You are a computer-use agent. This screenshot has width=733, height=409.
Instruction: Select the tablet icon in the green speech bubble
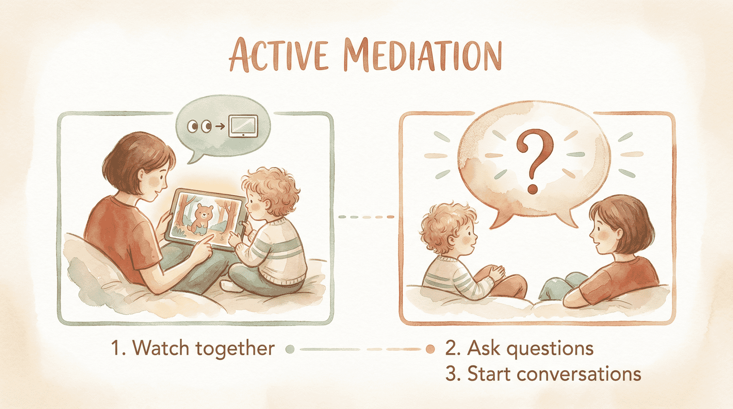pos(243,126)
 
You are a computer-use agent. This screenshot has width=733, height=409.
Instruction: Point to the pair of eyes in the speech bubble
pos(199,126)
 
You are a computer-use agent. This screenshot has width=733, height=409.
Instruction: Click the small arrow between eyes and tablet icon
pos(220,126)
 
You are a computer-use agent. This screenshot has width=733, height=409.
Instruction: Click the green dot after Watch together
pos(289,349)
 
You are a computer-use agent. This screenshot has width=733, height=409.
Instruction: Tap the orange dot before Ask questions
pos(430,349)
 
